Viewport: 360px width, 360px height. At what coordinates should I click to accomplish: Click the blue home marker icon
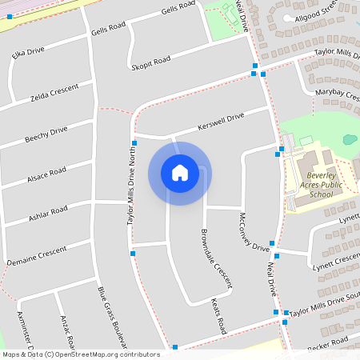180,173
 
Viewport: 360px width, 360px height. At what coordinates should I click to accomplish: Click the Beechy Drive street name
46,135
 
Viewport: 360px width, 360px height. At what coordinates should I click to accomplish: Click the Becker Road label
328,344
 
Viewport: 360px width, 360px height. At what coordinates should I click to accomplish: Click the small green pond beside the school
350,139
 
